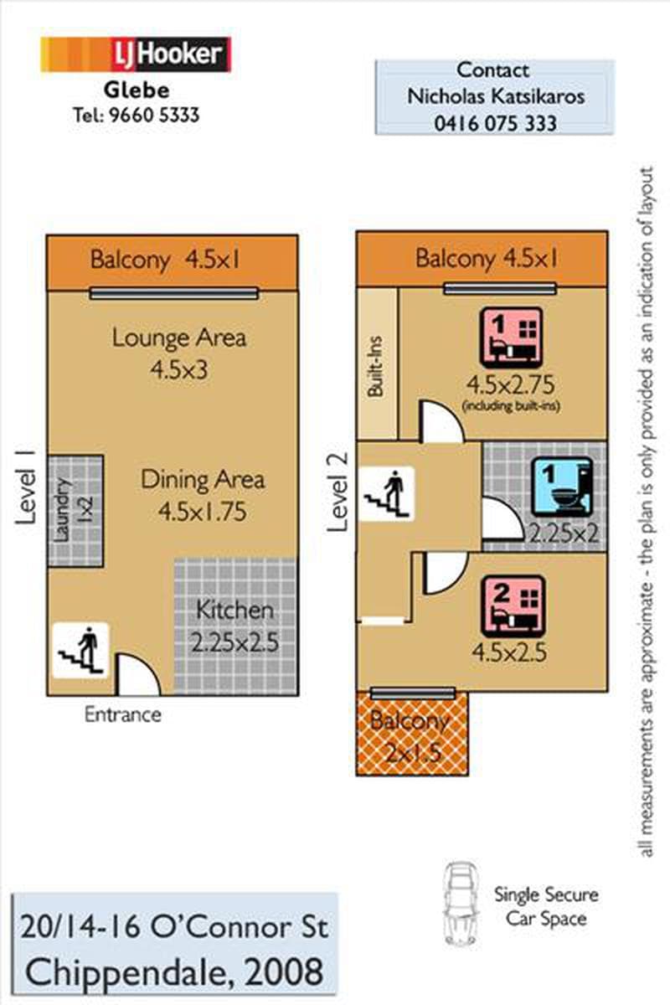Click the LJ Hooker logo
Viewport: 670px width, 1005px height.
pyautogui.click(x=136, y=54)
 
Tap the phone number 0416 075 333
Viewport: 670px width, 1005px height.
pyautogui.click(x=495, y=123)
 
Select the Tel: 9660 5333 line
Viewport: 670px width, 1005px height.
pyautogui.click(x=137, y=116)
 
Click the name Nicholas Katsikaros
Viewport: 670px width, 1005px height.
pyautogui.click(x=496, y=96)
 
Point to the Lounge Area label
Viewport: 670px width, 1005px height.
pyautogui.click(x=179, y=338)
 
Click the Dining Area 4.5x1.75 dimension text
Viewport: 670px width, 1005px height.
pyautogui.click(x=203, y=512)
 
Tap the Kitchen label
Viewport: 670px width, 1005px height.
pyautogui.click(x=234, y=611)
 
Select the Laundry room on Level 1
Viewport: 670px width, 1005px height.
pyautogui.click(x=75, y=511)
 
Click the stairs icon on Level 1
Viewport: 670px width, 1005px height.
pyautogui.click(x=80, y=650)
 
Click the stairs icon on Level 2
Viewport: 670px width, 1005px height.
pyautogui.click(x=387, y=493)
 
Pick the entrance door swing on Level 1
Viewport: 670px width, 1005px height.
pyautogui.click(x=137, y=674)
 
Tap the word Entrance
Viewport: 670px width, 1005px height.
pyautogui.click(x=123, y=714)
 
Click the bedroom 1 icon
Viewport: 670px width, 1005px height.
pyautogui.click(x=511, y=338)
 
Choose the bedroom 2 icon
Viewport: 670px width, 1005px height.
pyautogui.click(x=513, y=606)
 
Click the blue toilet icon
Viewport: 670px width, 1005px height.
pyautogui.click(x=562, y=487)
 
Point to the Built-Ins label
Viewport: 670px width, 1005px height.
pyautogui.click(x=375, y=367)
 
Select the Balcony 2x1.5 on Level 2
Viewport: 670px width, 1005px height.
pyautogui.click(x=412, y=734)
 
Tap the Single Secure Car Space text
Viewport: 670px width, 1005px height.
pyautogui.click(x=546, y=906)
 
